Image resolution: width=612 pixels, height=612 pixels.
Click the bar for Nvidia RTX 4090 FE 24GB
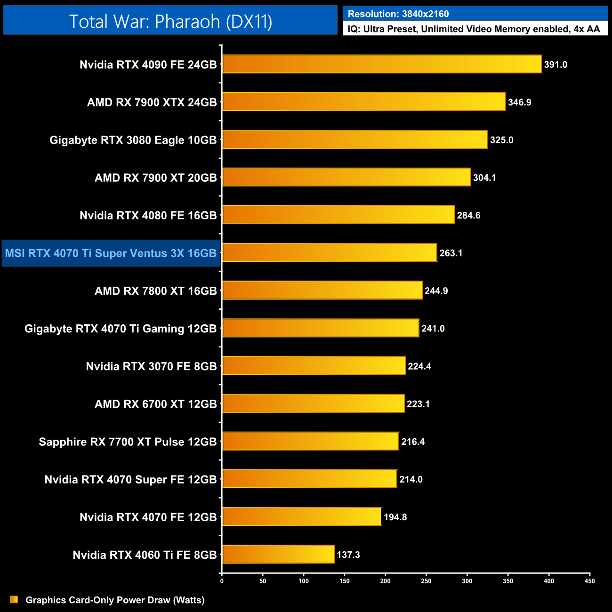(x=382, y=64)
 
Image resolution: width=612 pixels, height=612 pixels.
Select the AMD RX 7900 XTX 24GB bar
(x=364, y=102)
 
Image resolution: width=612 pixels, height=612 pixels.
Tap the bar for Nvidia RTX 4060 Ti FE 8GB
(x=278, y=554)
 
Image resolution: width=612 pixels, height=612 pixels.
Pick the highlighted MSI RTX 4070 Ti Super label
(x=111, y=253)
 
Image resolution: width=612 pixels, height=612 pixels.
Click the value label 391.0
(x=556, y=64)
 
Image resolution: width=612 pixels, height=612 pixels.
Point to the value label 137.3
(x=348, y=555)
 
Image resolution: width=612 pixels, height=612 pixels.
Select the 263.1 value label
(x=451, y=253)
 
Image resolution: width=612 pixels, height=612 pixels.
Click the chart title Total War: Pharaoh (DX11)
(x=170, y=21)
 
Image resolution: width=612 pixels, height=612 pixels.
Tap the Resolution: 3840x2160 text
(x=398, y=14)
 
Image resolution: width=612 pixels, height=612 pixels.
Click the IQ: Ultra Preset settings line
(x=474, y=29)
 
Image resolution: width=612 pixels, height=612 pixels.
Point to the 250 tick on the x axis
(x=426, y=581)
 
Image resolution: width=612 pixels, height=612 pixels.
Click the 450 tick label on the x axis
(x=589, y=581)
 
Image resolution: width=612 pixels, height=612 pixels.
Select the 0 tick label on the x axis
(x=222, y=581)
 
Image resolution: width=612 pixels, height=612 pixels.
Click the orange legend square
(x=14, y=599)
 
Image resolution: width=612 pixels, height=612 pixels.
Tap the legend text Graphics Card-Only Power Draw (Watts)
(x=115, y=600)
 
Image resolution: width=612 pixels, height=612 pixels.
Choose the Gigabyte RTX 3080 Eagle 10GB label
(x=133, y=140)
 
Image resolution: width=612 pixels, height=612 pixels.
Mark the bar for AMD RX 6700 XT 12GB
(x=313, y=403)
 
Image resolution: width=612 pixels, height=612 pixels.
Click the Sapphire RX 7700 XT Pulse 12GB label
(x=128, y=442)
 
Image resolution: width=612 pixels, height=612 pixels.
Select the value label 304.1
(x=484, y=177)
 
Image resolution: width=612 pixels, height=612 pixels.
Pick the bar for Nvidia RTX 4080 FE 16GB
(x=338, y=215)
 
